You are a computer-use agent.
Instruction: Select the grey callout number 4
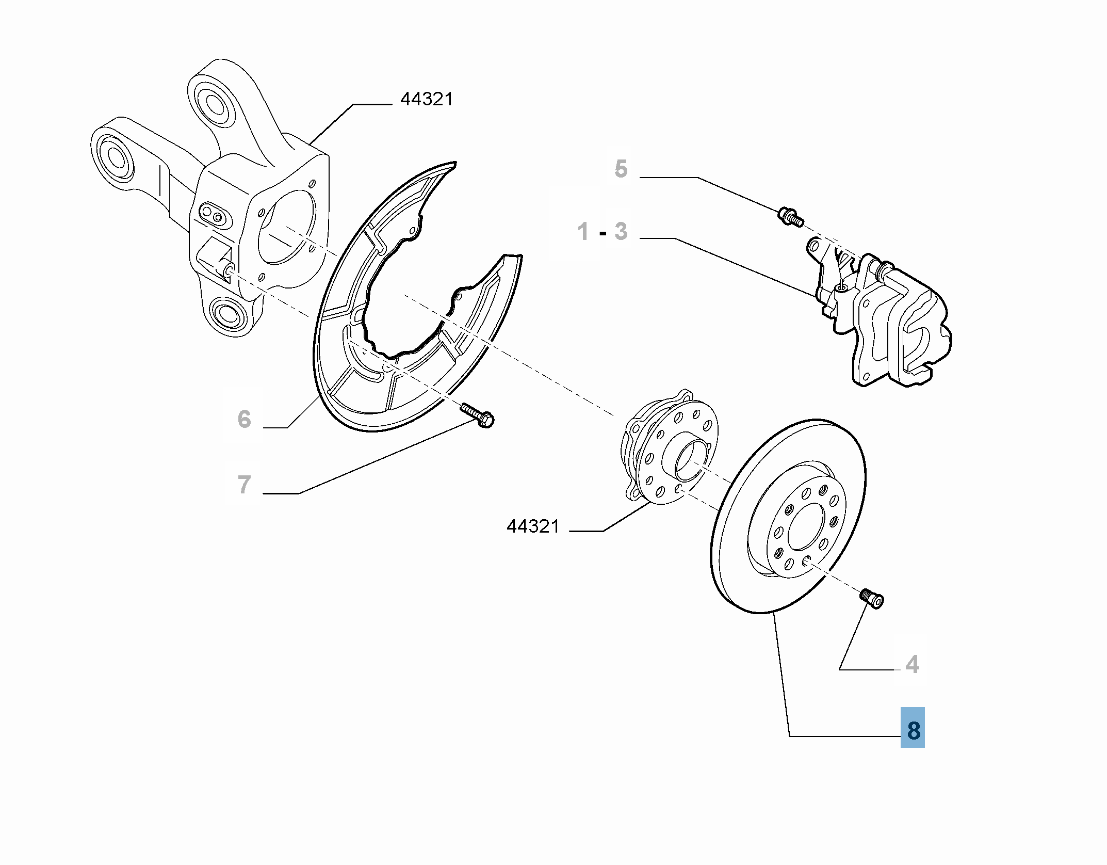click(911, 664)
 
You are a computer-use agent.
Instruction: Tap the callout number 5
click(621, 169)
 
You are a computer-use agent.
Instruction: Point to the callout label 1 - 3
click(603, 232)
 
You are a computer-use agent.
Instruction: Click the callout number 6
click(244, 419)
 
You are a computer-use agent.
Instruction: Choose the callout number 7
click(244, 485)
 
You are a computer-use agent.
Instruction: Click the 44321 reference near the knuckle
click(427, 99)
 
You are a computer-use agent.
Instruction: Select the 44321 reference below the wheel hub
click(533, 526)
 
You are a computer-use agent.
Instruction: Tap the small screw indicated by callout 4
click(872, 599)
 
